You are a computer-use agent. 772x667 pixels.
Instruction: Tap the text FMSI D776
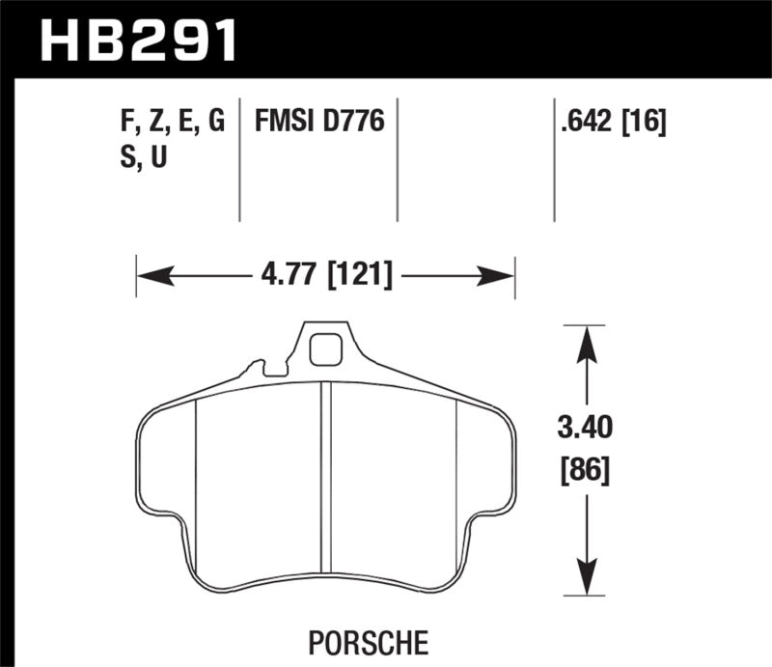[319, 123]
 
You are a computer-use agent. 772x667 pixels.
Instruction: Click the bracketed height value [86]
[585, 472]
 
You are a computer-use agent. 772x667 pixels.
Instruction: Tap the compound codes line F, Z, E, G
[169, 123]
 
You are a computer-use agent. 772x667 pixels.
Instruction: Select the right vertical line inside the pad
[455, 463]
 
